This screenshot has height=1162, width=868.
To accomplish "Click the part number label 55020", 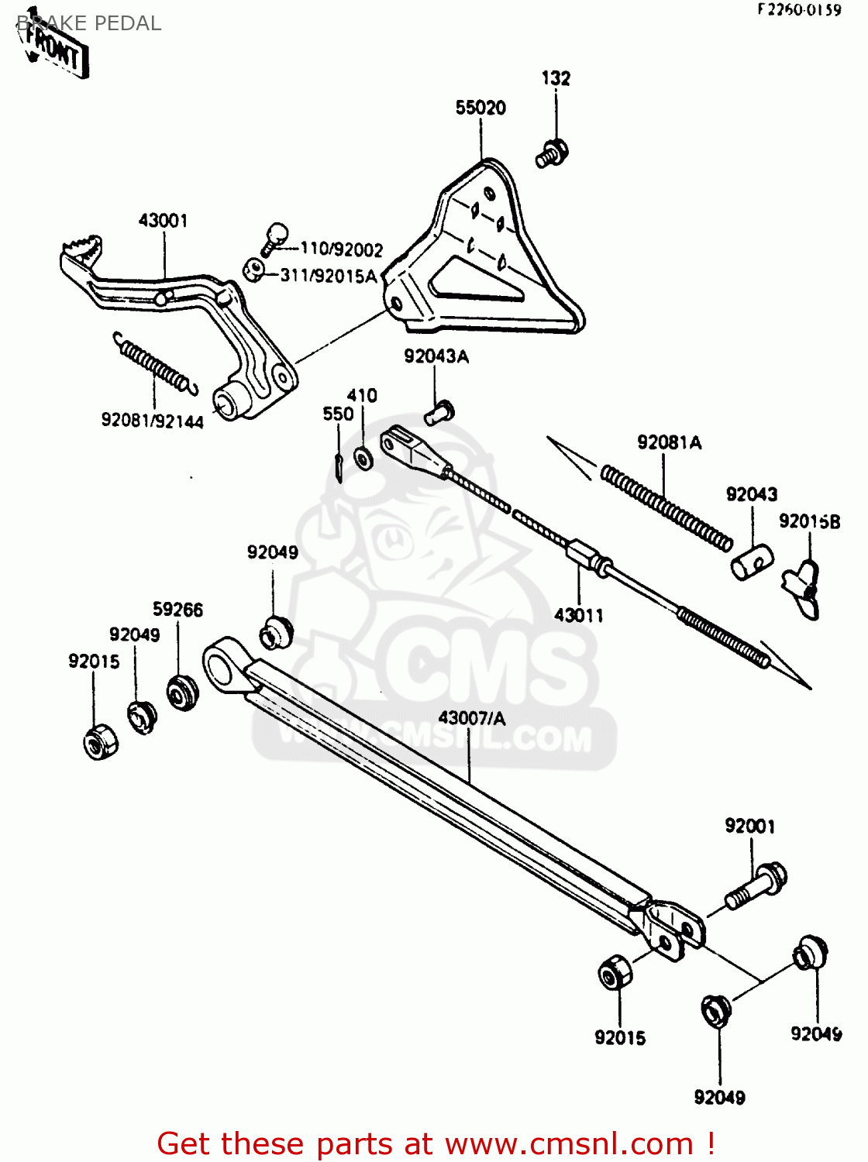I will (480, 108).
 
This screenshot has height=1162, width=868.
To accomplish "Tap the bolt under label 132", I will (552, 153).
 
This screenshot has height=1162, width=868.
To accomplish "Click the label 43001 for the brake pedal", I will (163, 221).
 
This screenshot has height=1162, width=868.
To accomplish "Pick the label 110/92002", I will (341, 249).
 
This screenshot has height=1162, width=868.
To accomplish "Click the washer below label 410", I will (362, 458).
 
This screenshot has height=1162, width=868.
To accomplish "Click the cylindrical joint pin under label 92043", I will (752, 562).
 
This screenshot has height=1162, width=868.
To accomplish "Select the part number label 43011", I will (578, 615).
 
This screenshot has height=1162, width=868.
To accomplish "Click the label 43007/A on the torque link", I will (471, 718).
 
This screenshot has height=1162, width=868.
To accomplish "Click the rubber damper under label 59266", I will (182, 693).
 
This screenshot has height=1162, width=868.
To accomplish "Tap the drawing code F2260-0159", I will (798, 10).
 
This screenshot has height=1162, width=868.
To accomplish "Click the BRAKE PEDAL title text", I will (89, 23).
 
